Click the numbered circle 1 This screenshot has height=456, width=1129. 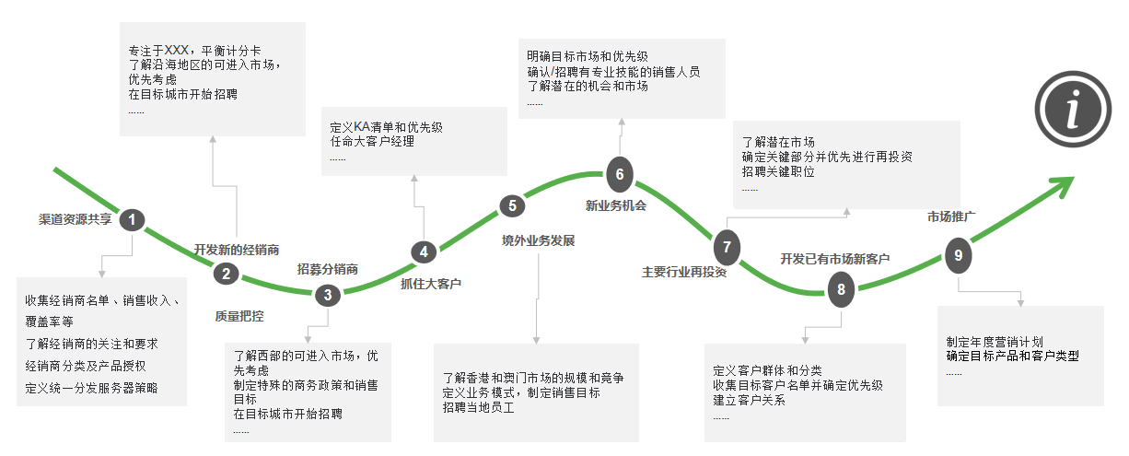[134, 219]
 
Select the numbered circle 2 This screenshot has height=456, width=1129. [226, 273]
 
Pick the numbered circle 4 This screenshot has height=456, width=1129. [424, 251]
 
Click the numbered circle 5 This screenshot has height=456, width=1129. [512, 206]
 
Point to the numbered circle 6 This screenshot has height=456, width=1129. [620, 173]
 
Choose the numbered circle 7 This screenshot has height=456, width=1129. [727, 247]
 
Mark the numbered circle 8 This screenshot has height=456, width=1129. [841, 289]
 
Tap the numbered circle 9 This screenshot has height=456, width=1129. [958, 255]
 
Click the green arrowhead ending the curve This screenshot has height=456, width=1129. [1065, 185]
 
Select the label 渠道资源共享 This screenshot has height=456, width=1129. [75, 220]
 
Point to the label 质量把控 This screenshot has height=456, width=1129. [239, 316]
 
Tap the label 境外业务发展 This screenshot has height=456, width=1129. [538, 241]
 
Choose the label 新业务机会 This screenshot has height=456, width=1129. [616, 205]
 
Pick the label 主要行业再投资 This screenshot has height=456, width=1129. [684, 272]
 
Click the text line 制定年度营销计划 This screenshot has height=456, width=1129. [994, 341]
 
